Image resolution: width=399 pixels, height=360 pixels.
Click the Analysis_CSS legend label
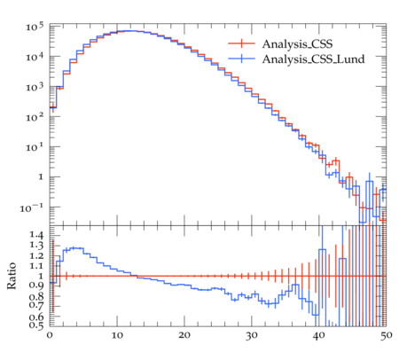pyautogui.click(x=297, y=44)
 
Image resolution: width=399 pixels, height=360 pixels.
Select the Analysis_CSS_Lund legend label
pyautogui.click(x=313, y=59)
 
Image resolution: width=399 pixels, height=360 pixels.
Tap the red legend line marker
pyautogui.click(x=241, y=43)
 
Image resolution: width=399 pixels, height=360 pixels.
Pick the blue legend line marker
pyautogui.click(x=241, y=59)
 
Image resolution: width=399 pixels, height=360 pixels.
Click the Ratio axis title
pyautogui.click(x=12, y=275)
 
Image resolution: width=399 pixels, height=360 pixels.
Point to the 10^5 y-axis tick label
pyautogui.click(x=35, y=27)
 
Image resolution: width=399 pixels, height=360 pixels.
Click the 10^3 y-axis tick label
pyautogui.click(x=35, y=87)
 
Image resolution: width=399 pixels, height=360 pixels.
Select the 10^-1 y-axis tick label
pyautogui.click(x=32, y=208)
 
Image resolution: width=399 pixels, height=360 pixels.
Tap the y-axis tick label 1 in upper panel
pyautogui.click(x=41, y=177)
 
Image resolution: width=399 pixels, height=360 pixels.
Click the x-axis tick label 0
pyautogui.click(x=50, y=335)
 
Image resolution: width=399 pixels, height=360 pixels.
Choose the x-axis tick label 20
pyautogui.click(x=184, y=335)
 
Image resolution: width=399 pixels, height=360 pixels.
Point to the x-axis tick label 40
pyautogui.click(x=319, y=335)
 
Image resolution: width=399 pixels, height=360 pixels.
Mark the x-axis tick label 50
pyautogui.click(x=386, y=335)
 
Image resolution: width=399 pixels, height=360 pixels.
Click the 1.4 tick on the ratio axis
pyautogui.click(x=36, y=236)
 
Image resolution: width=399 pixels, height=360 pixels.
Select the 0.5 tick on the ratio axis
pyautogui.click(x=36, y=325)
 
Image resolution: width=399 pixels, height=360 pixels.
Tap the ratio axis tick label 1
pyautogui.click(x=41, y=276)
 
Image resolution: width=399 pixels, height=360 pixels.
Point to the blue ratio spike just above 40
pyautogui.click(x=323, y=250)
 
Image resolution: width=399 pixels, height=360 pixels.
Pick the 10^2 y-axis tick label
pyautogui.click(x=35, y=117)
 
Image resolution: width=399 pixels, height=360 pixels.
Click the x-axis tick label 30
pyautogui.click(x=252, y=335)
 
